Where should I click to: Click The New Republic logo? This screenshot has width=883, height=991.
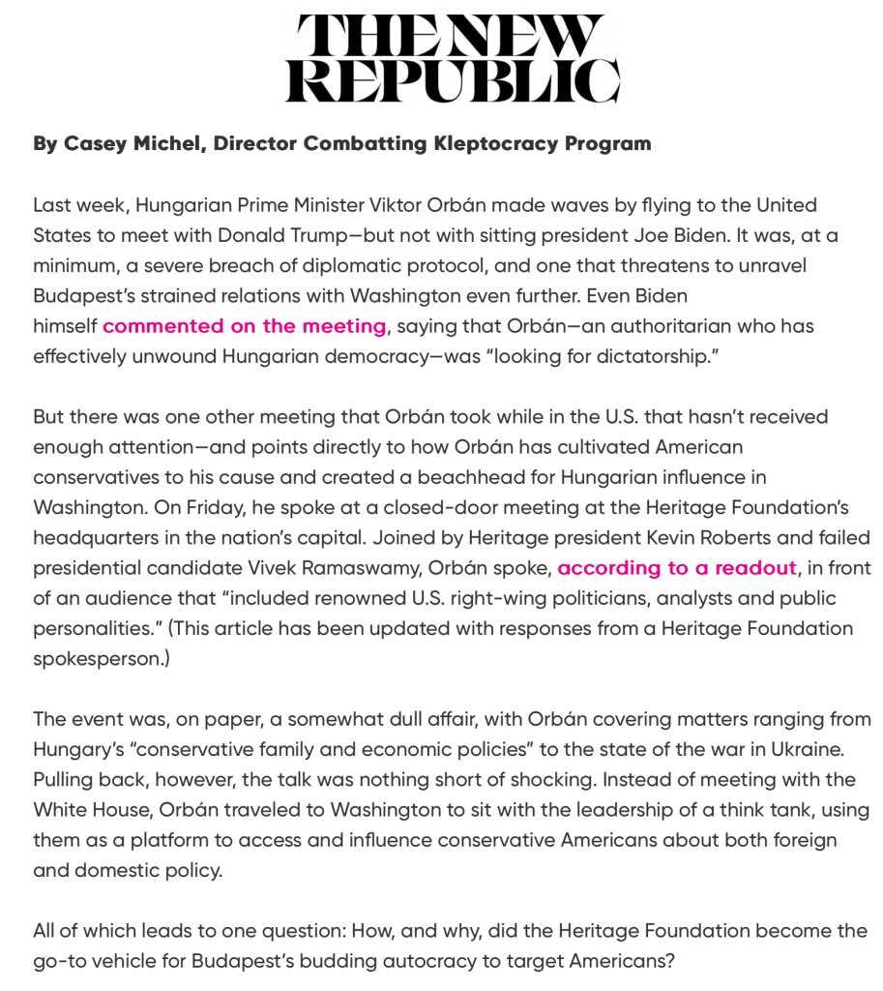[452, 59]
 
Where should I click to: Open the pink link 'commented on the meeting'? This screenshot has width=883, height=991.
[244, 326]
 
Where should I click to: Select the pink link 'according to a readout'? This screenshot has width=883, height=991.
[677, 568]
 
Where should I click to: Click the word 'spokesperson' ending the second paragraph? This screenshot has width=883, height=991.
[96, 658]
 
